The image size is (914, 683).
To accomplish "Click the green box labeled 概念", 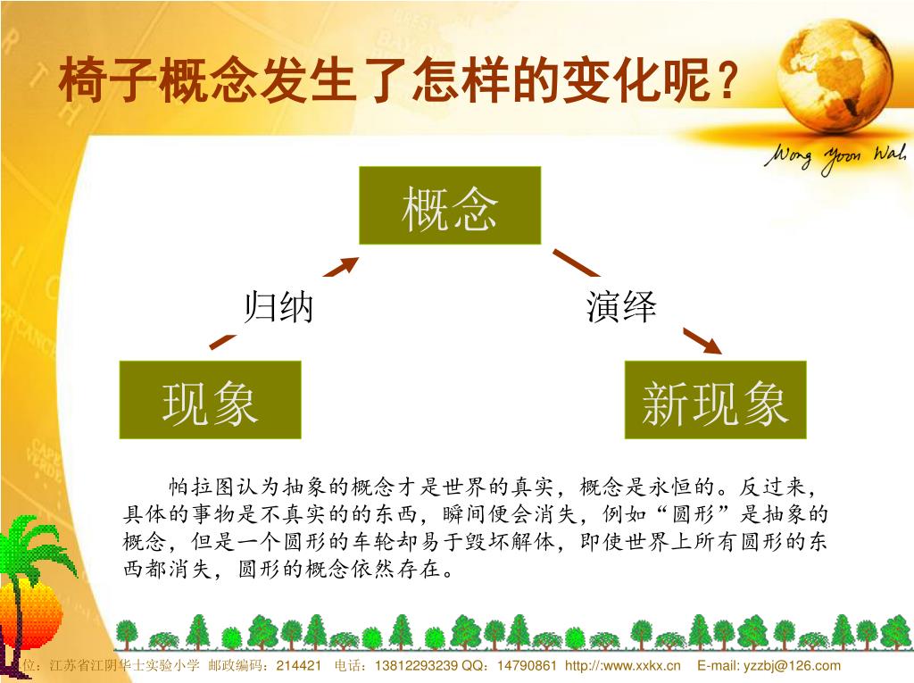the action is click(450, 205).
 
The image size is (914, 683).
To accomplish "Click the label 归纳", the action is click(278, 307).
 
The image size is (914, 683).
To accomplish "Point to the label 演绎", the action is click(621, 307).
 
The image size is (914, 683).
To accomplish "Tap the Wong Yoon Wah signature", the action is click(834, 159).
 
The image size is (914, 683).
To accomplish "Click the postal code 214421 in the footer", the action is click(301, 666).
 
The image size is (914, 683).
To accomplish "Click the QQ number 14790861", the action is click(527, 666).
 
